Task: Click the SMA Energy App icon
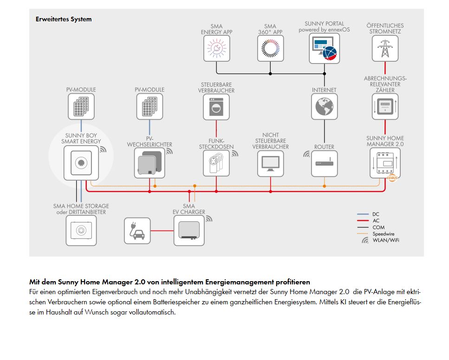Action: click(x=216, y=48)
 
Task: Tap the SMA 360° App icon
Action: click(x=270, y=48)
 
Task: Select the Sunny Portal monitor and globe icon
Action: click(x=324, y=48)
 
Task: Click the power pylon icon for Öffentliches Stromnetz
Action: click(x=385, y=48)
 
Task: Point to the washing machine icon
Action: click(x=216, y=107)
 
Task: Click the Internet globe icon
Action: click(x=324, y=106)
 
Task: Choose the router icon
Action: click(x=324, y=163)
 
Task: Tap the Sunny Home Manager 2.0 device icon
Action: click(x=385, y=163)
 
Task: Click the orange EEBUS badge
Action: click(x=392, y=178)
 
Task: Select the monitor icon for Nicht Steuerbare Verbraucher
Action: click(x=270, y=163)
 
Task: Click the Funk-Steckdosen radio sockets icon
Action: click(x=216, y=163)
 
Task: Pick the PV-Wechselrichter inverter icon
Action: click(x=150, y=163)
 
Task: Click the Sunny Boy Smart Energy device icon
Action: click(x=81, y=163)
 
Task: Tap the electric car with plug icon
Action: click(x=137, y=231)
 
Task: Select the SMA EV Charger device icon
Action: click(x=189, y=231)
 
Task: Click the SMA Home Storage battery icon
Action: click(x=81, y=231)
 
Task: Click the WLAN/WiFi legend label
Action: click(x=386, y=240)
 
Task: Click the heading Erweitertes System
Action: click(x=64, y=19)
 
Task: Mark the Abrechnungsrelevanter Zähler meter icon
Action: click(x=385, y=106)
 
